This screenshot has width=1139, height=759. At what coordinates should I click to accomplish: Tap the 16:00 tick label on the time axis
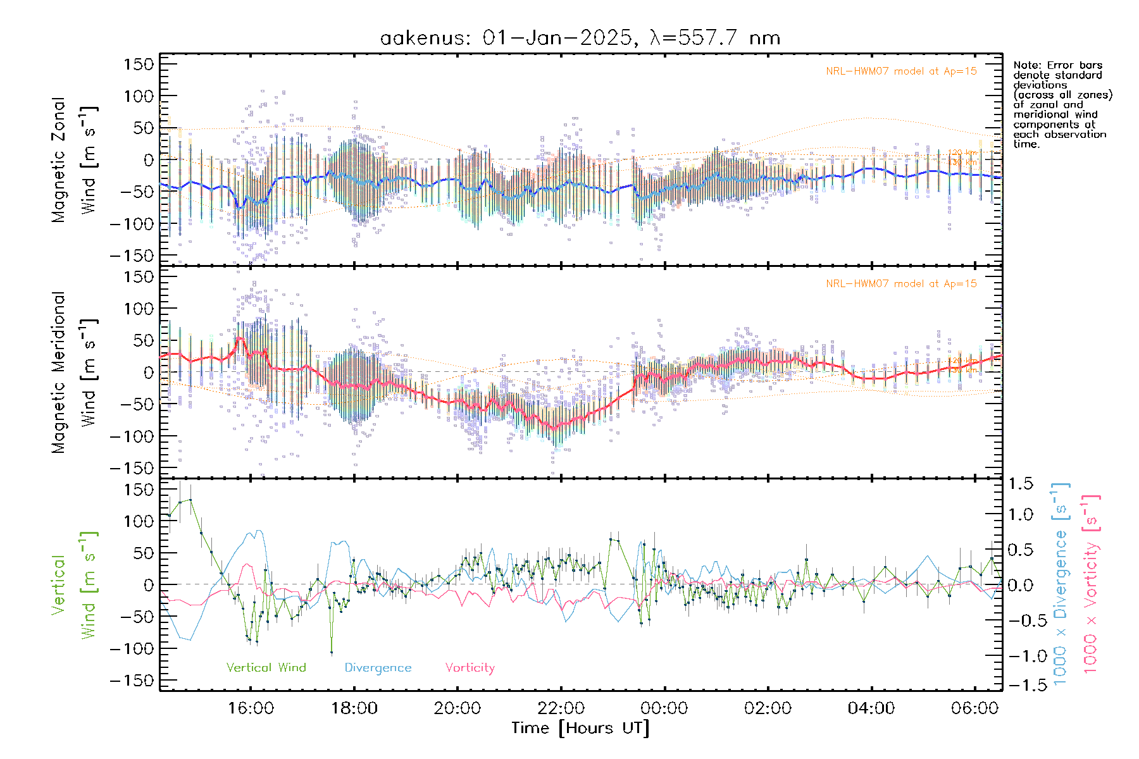[x=251, y=708]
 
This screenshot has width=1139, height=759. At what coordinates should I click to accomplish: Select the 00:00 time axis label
[x=664, y=708]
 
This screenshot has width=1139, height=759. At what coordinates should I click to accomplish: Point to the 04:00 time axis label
[x=871, y=708]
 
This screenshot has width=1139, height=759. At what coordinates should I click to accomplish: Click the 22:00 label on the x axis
[x=561, y=708]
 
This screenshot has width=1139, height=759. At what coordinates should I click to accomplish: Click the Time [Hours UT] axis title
[x=580, y=728]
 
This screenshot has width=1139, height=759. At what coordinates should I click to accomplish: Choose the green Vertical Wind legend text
[x=266, y=667]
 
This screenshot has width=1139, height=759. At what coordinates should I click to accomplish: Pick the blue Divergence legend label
[x=378, y=667]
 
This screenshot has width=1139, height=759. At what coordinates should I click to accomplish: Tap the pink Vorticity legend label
[x=470, y=667]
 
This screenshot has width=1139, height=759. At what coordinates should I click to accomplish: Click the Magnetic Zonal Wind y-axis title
[x=75, y=159]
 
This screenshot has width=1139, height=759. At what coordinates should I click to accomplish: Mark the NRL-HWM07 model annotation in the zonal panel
[x=901, y=71]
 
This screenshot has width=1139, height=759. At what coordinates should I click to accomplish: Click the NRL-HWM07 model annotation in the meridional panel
[x=901, y=283]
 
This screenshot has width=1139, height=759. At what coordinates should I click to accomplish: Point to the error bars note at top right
[x=1062, y=104]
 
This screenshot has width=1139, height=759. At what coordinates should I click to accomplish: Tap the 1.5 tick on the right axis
[x=1020, y=484]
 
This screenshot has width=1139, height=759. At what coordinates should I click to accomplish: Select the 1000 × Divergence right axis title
[x=1060, y=584]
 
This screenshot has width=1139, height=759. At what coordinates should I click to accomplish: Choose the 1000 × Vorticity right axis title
[x=1090, y=584]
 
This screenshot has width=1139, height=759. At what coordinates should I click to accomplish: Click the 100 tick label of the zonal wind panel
[x=139, y=96]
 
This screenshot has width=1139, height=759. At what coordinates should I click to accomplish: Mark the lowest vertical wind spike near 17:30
[x=332, y=652]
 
